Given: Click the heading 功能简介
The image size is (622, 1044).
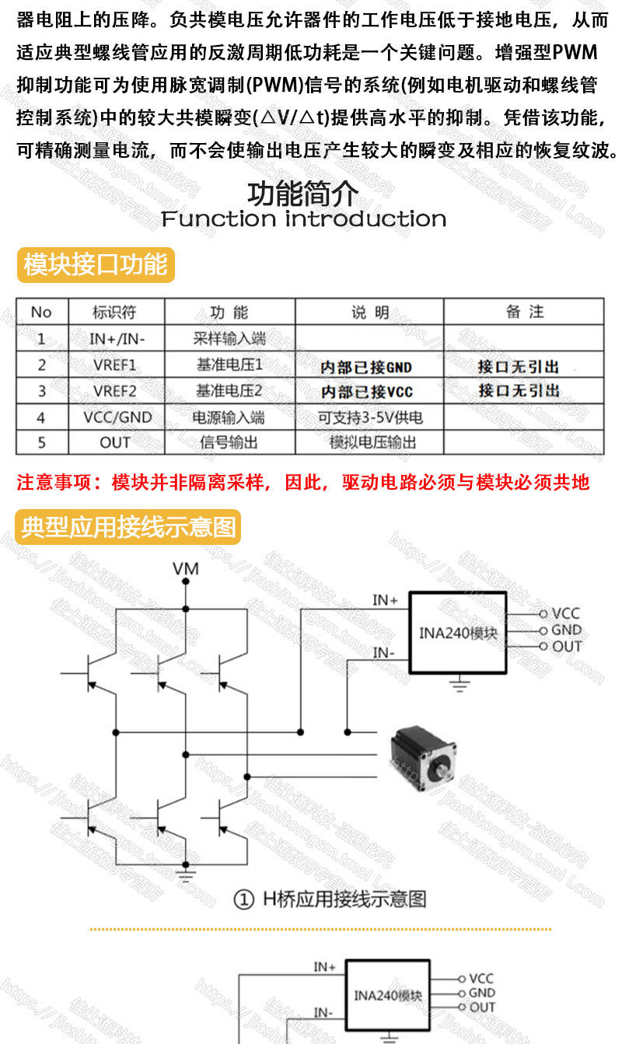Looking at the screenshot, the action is coord(303,193).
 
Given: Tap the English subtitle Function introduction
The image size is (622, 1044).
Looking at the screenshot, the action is coord(303,219).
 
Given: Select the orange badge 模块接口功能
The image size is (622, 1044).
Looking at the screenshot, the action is coord(96,265).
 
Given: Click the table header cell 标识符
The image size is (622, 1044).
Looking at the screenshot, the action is coord(114,313).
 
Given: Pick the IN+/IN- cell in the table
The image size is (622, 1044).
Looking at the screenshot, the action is coord(117,339).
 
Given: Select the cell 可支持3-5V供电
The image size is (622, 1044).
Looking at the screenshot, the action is coord(370,417).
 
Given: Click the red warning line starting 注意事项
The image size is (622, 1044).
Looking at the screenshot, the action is coord(303,483).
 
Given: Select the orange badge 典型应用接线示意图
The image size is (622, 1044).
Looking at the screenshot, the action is coord(129,528).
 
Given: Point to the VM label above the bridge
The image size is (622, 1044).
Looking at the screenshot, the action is coord(185,569).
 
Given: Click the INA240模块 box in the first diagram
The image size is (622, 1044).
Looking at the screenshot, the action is coord(459,632).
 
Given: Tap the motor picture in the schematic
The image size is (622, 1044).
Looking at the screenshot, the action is coord(423,755).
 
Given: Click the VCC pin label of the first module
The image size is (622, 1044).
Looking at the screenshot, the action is coord(565,614).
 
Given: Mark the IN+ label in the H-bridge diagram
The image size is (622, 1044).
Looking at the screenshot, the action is coord(385,600).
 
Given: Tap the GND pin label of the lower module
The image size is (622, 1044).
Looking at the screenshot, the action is coord(481,993).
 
